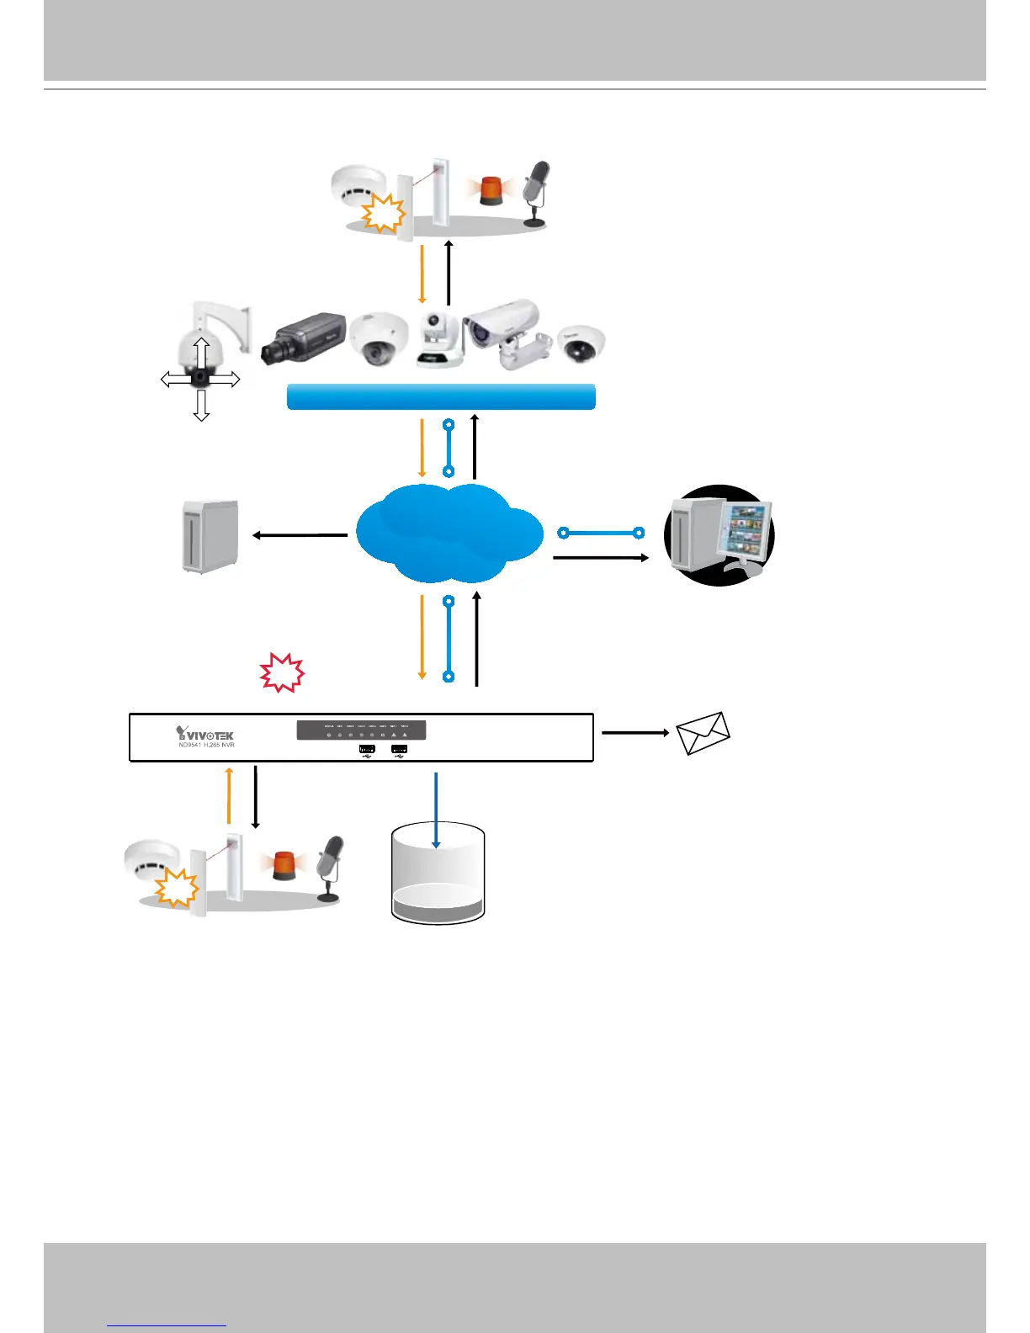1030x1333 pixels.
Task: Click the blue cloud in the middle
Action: coord(449,533)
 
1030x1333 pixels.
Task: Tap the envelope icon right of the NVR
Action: coord(703,733)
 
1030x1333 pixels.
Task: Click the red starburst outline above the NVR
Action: coord(281,672)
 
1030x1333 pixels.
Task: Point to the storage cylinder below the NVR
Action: coord(438,875)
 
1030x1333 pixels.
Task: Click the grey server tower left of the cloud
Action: coord(210,536)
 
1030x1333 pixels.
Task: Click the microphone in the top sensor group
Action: coord(535,193)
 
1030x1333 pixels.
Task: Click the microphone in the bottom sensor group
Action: coord(330,868)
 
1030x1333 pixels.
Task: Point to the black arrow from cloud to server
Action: coord(300,534)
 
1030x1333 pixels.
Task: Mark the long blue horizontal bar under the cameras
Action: coord(441,396)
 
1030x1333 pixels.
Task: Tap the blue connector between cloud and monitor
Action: coord(601,533)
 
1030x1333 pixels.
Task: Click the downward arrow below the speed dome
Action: coord(200,406)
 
